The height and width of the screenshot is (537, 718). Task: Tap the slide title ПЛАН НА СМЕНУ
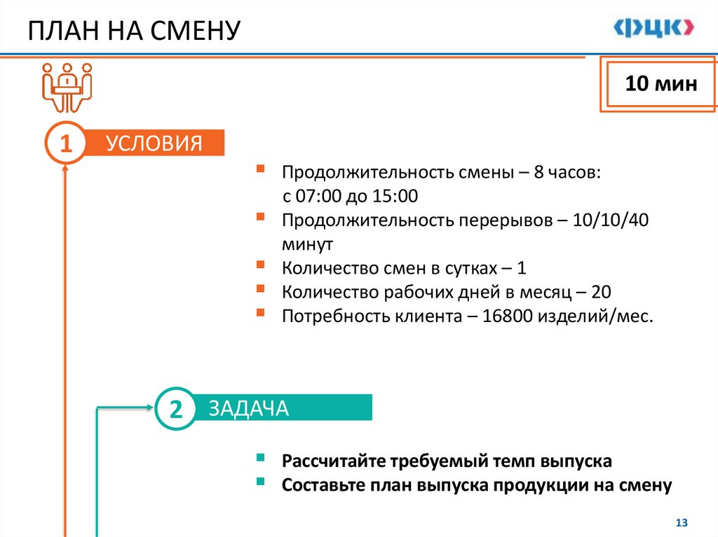134,31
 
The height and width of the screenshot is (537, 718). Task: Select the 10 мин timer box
661,85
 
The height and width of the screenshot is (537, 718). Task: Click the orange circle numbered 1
66,144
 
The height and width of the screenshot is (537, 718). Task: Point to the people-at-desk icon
67,85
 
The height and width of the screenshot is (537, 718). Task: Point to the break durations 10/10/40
611,221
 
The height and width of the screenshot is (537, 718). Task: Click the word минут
308,244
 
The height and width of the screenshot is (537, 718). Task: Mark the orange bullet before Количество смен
261,265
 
